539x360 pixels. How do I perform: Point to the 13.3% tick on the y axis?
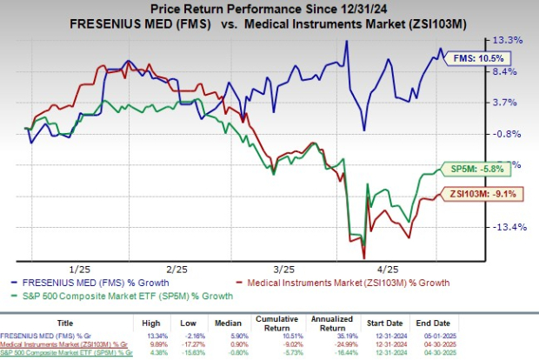pos(510,40)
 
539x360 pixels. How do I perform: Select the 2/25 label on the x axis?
pos(177,270)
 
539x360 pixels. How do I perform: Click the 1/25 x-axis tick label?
pos(78,270)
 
